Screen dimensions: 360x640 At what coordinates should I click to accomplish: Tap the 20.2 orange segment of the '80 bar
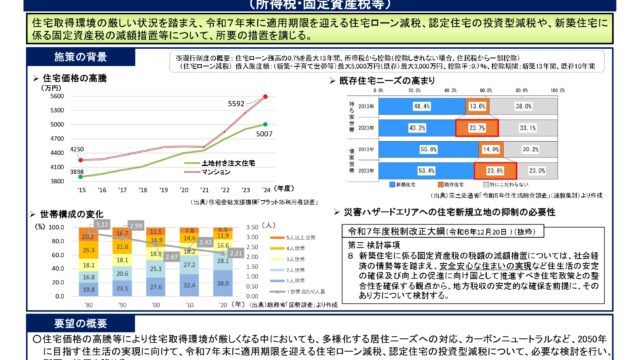point(88,237)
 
